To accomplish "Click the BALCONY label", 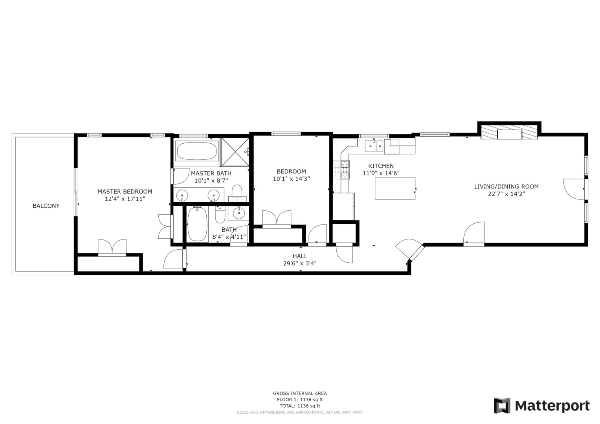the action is [x=46, y=206].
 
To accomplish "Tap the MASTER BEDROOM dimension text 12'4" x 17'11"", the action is [x=125, y=199].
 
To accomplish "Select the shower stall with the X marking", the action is [x=235, y=152].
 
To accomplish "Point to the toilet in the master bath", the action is [x=237, y=193].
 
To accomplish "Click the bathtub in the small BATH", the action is [x=197, y=224].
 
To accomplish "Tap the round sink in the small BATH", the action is [x=239, y=213].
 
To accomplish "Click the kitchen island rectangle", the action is [x=395, y=188].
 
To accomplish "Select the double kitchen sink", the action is [x=374, y=146].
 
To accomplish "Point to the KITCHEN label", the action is [x=381, y=166].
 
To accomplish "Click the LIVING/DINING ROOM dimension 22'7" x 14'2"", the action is [x=506, y=194].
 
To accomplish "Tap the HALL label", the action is [x=300, y=256].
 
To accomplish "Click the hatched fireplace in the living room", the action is [x=509, y=132].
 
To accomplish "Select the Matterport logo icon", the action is [x=503, y=406].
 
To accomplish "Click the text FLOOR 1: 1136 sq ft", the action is [x=300, y=400].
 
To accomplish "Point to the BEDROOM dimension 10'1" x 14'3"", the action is [x=291, y=179].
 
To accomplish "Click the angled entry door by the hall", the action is [x=410, y=249].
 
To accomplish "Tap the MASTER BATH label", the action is [x=211, y=174].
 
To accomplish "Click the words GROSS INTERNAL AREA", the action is [x=300, y=393].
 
